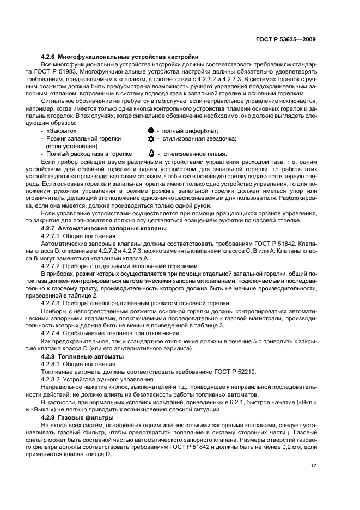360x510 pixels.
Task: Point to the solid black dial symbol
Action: coord(151,131)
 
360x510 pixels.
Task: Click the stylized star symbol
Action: coord(151,139)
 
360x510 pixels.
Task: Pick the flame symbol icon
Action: coord(151,154)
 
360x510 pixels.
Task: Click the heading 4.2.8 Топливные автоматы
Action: coord(83,355)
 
